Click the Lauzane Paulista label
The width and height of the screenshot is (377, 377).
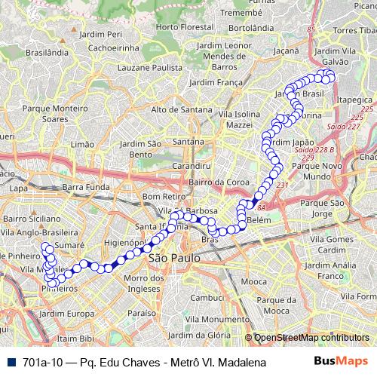coord(162,67)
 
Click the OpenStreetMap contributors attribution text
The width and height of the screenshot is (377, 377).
coord(311,339)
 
